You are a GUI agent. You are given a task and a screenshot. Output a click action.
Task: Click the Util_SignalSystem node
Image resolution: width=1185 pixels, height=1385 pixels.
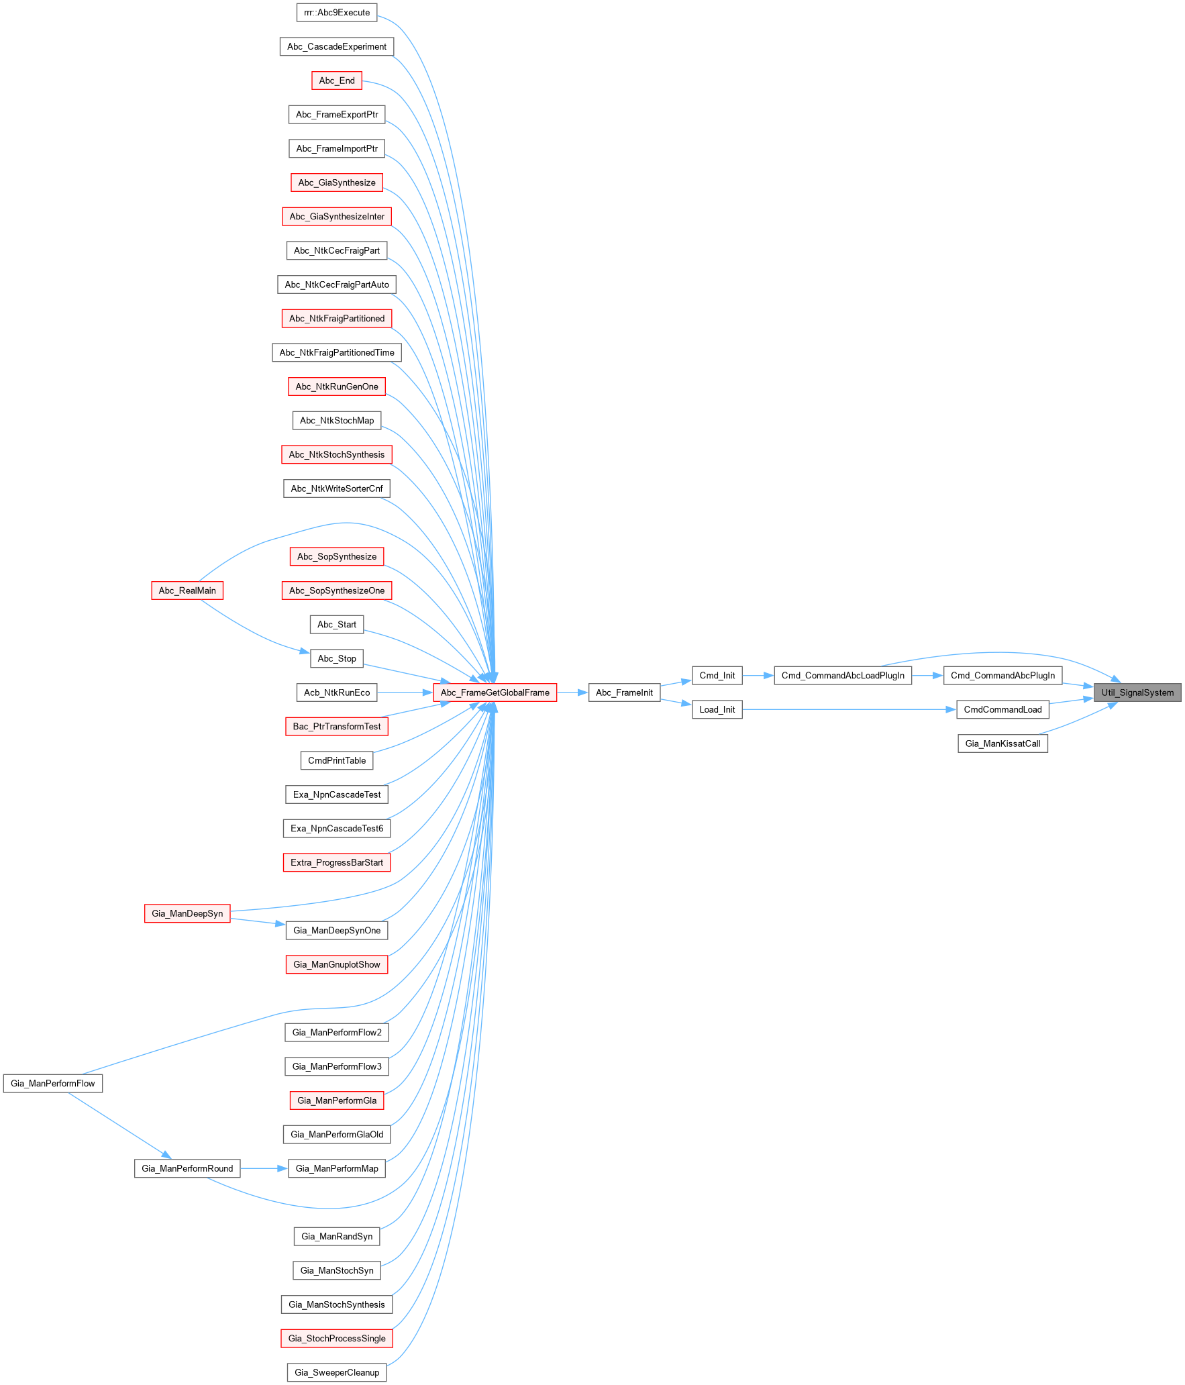coord(1137,692)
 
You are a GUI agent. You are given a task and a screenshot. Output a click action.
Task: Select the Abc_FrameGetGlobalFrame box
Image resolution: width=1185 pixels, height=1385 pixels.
coord(495,692)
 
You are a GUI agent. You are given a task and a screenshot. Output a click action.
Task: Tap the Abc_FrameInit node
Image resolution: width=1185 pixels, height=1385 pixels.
coord(624,692)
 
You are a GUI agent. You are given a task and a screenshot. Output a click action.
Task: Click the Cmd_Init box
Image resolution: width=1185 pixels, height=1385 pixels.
coord(717,676)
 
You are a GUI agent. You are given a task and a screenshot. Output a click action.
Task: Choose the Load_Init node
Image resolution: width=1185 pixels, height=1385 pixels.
coord(717,709)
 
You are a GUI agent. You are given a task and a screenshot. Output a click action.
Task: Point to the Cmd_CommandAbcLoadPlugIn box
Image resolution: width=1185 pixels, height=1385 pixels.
coord(843,676)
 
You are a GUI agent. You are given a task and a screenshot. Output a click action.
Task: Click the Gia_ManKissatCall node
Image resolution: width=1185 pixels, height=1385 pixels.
coord(1002,743)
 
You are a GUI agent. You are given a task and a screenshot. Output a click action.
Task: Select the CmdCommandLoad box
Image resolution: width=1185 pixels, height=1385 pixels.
coord(1002,709)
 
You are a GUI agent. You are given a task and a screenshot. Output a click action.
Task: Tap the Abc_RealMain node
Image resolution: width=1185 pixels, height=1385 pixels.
coord(187,591)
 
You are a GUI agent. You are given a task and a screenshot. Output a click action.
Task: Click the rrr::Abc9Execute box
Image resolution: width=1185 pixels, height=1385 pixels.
coord(337,12)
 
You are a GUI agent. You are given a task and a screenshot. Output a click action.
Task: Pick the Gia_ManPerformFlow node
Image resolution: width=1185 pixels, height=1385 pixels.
coord(53,1083)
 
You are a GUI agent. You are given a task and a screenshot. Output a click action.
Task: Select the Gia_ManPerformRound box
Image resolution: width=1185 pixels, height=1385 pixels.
coord(187,1168)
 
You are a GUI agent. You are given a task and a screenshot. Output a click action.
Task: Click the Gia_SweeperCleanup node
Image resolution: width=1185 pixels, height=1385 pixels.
coord(337,1372)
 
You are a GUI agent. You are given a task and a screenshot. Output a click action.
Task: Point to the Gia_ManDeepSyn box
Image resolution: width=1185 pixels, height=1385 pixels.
coord(187,913)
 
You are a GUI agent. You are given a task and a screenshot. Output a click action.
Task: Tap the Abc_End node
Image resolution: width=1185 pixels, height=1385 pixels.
coord(337,81)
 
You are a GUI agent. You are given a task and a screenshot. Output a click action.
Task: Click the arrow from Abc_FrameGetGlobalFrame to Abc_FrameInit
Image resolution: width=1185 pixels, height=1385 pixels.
coord(572,692)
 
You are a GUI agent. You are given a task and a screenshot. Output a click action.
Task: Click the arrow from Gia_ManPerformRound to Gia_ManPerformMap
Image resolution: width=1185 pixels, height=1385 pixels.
coord(264,1168)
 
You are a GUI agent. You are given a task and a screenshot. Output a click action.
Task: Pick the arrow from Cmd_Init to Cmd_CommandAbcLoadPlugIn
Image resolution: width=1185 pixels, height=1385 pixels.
coord(758,676)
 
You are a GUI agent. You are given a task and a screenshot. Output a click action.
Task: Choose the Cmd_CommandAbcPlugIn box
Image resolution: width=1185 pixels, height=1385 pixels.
coord(1002,676)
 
